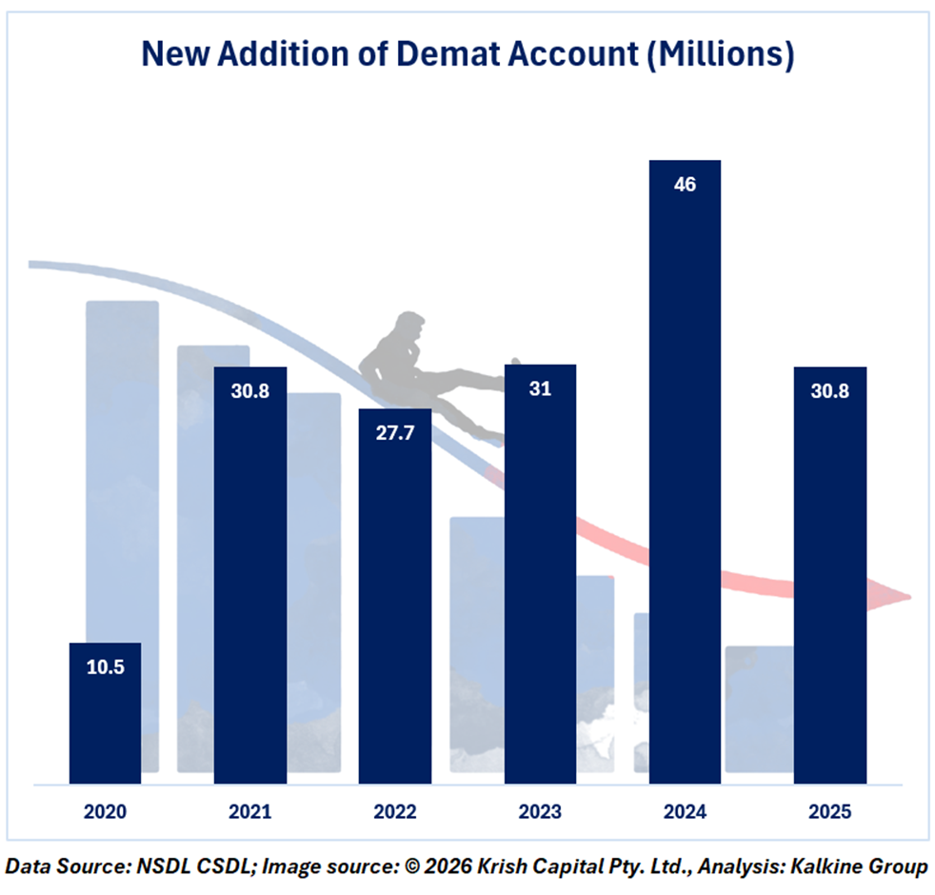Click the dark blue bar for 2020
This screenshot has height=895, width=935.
(105, 714)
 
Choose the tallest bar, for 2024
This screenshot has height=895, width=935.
(685, 476)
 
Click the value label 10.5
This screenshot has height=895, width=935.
(105, 667)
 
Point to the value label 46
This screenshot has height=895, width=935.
(685, 185)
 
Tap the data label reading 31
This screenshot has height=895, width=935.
(540, 389)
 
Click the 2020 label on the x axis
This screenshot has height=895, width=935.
(105, 813)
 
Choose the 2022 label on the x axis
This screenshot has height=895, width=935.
(395, 813)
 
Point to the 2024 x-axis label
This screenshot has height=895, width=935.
(685, 813)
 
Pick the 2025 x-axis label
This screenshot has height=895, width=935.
(829, 813)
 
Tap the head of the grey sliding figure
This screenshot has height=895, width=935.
(410, 328)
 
